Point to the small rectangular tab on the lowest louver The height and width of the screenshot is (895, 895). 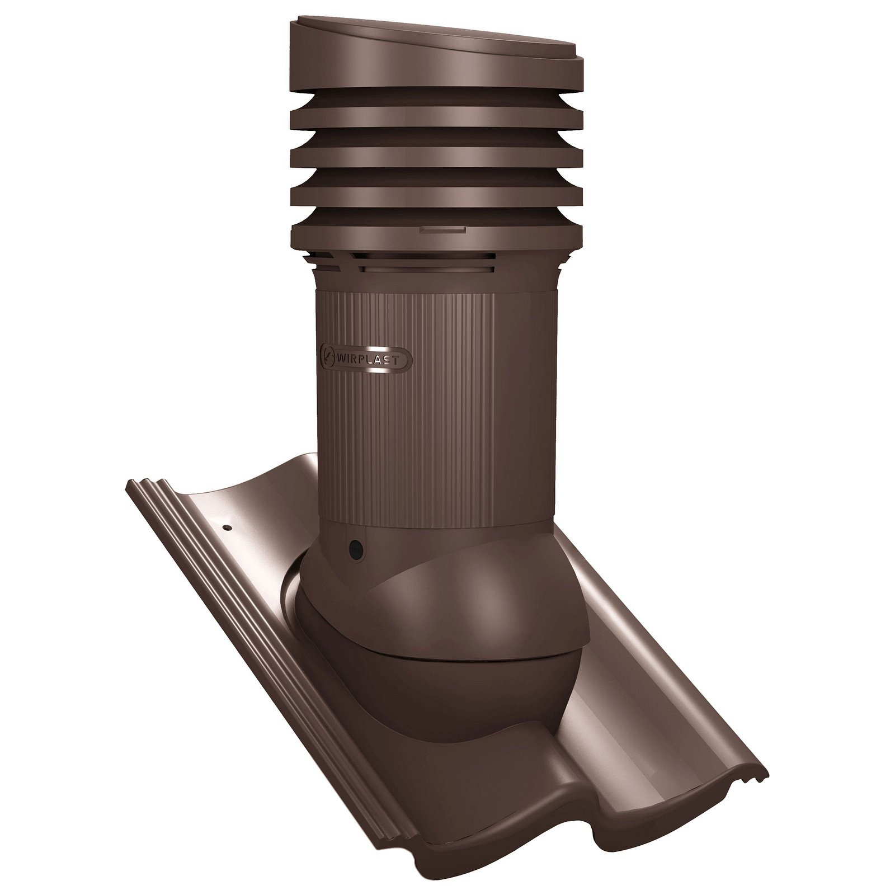tap(442, 230)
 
